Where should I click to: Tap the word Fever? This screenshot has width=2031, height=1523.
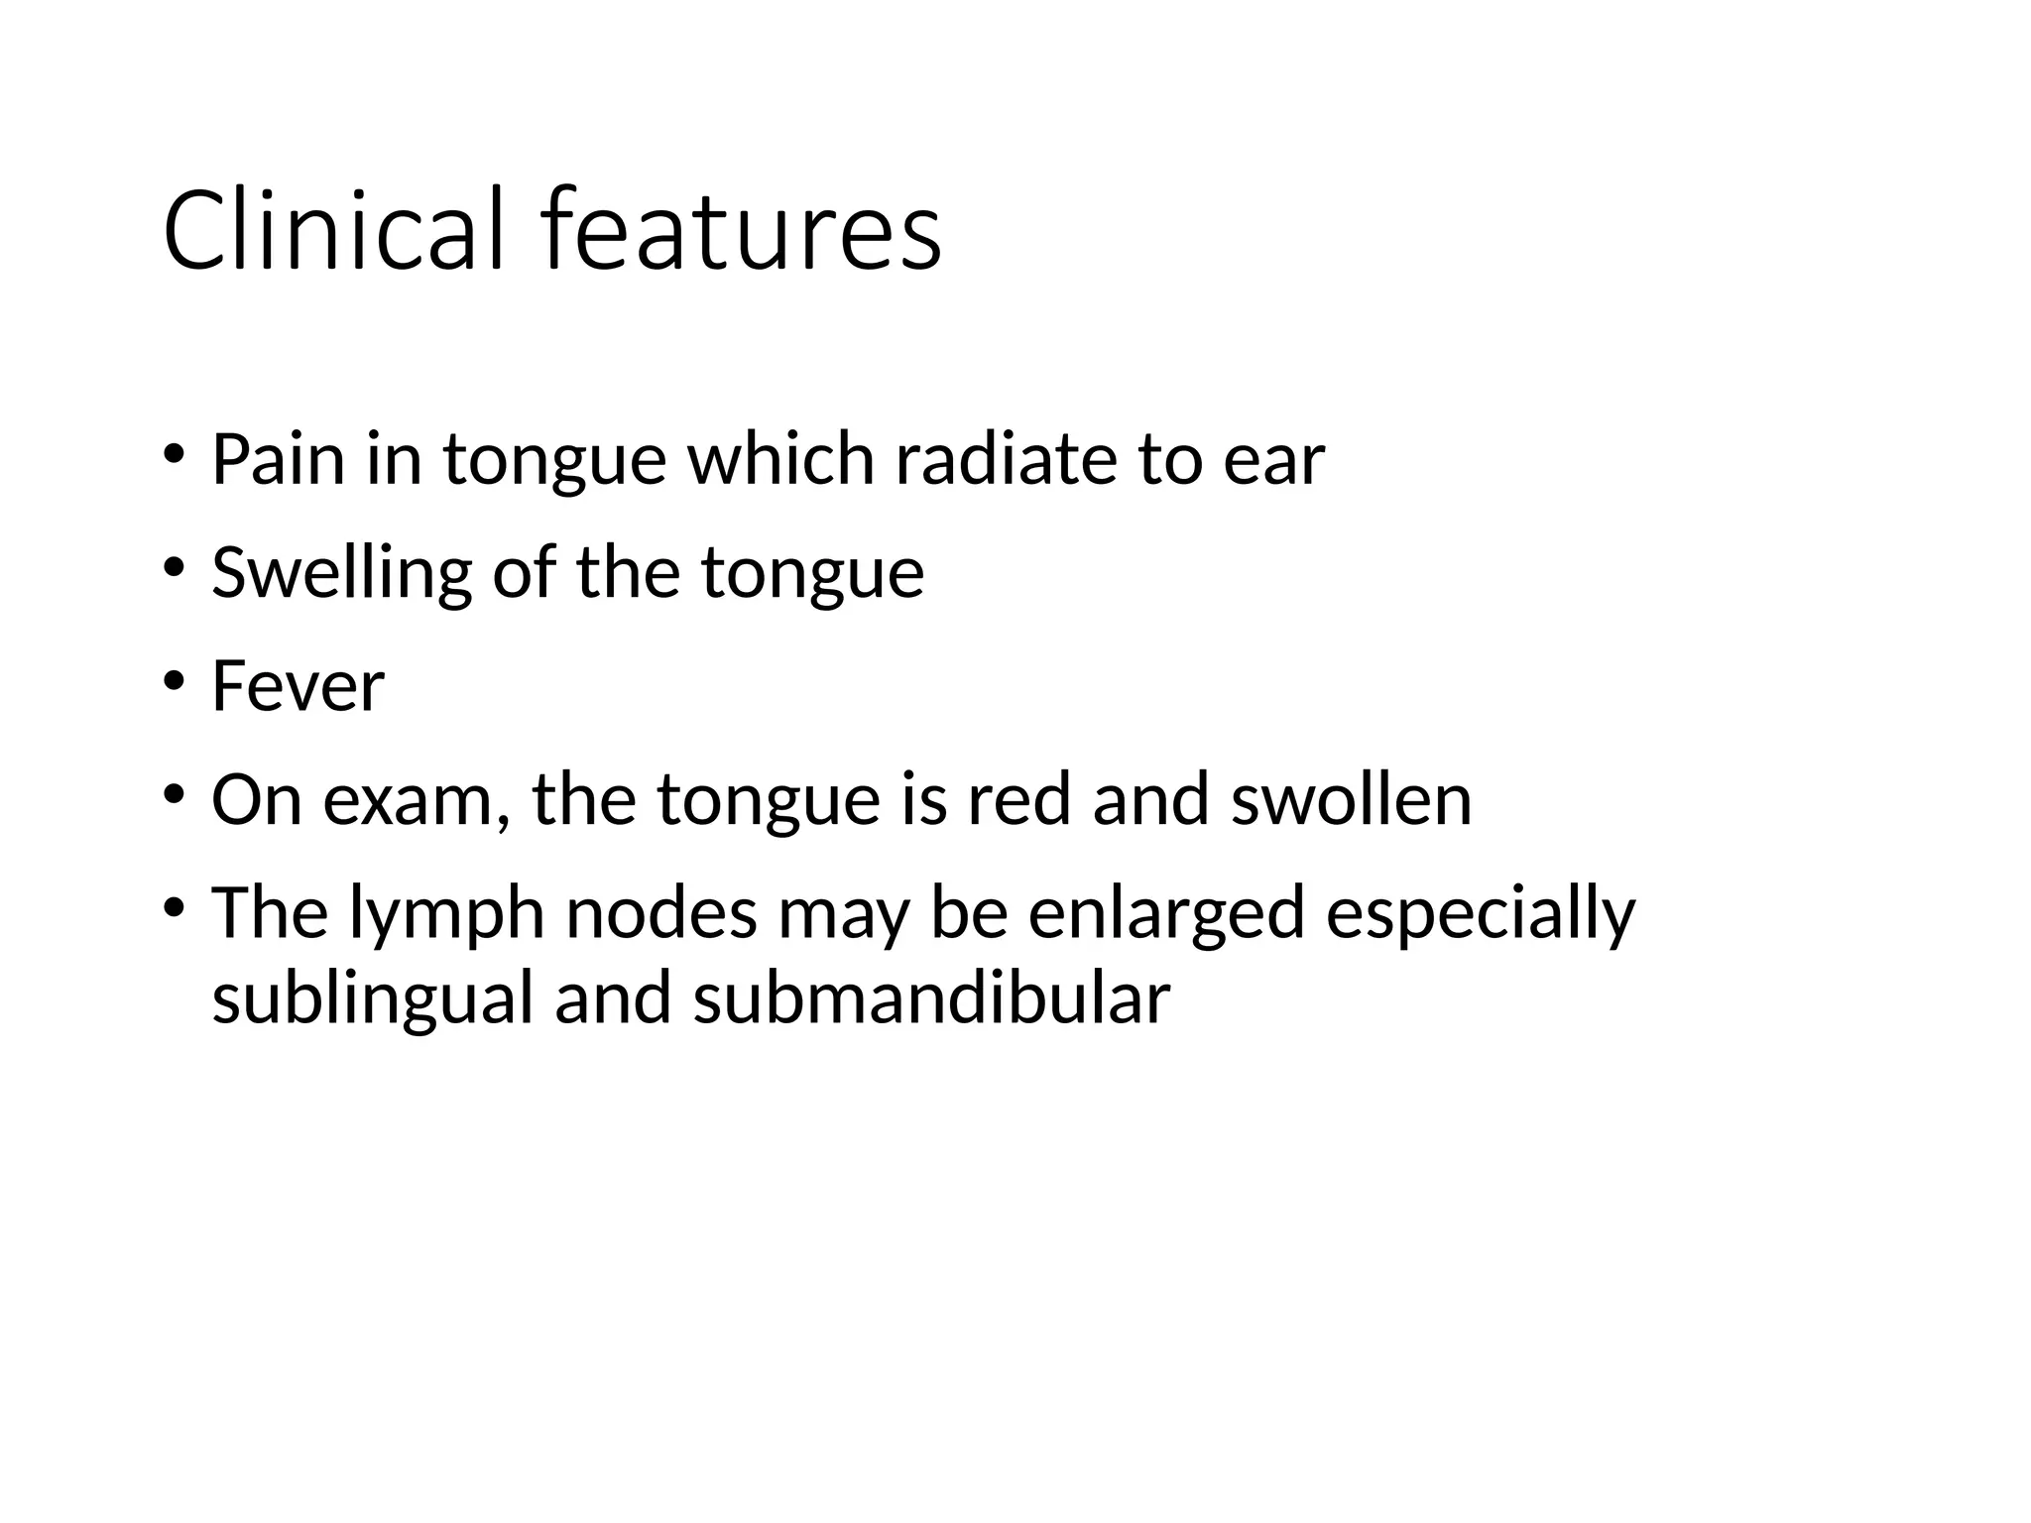298,686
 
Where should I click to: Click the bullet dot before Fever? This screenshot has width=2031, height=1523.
175,682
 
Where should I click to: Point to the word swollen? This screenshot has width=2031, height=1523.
1351,800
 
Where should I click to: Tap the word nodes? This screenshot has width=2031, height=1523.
660,914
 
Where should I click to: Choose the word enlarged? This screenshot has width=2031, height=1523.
1165,914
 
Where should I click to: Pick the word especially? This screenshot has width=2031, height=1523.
1480,914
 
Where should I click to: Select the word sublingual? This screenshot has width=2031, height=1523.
373,999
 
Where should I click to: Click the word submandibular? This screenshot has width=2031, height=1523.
931,997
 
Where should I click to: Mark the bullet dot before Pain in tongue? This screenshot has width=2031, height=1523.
175,455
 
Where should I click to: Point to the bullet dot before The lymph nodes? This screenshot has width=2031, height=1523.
175,908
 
